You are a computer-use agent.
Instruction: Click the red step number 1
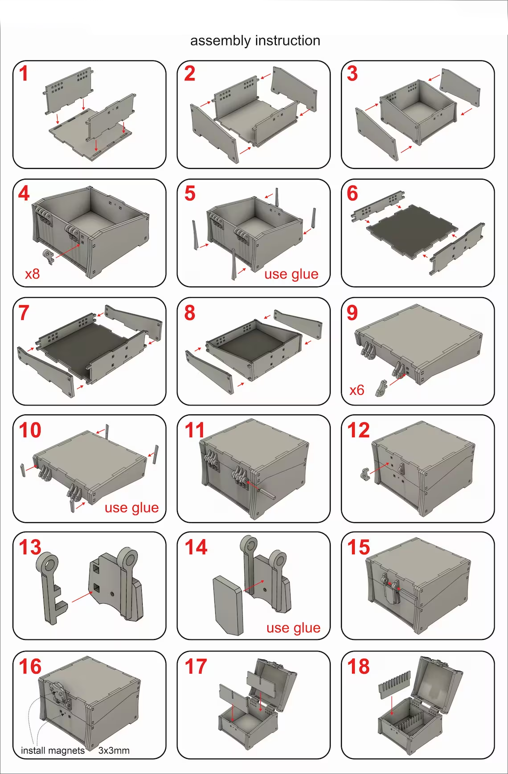coord(24,74)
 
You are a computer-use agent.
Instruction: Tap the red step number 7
coord(24,312)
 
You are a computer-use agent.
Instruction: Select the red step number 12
coord(359,430)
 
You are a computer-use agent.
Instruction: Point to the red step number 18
coord(359,667)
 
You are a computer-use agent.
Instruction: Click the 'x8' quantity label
coord(33,274)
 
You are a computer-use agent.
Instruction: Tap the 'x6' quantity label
coord(357,390)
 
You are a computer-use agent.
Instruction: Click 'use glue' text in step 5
coord(291,274)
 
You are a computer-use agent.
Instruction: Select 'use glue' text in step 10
coord(131,508)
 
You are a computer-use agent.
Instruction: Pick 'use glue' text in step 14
coord(293,628)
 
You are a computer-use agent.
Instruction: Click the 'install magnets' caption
coord(53,750)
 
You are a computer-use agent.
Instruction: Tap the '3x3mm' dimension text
coord(114,750)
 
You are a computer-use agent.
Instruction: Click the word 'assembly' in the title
coord(221,41)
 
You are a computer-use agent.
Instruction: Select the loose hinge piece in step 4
coord(48,257)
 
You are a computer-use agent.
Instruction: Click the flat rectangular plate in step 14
coord(228,606)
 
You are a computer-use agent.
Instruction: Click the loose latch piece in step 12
coord(365,474)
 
